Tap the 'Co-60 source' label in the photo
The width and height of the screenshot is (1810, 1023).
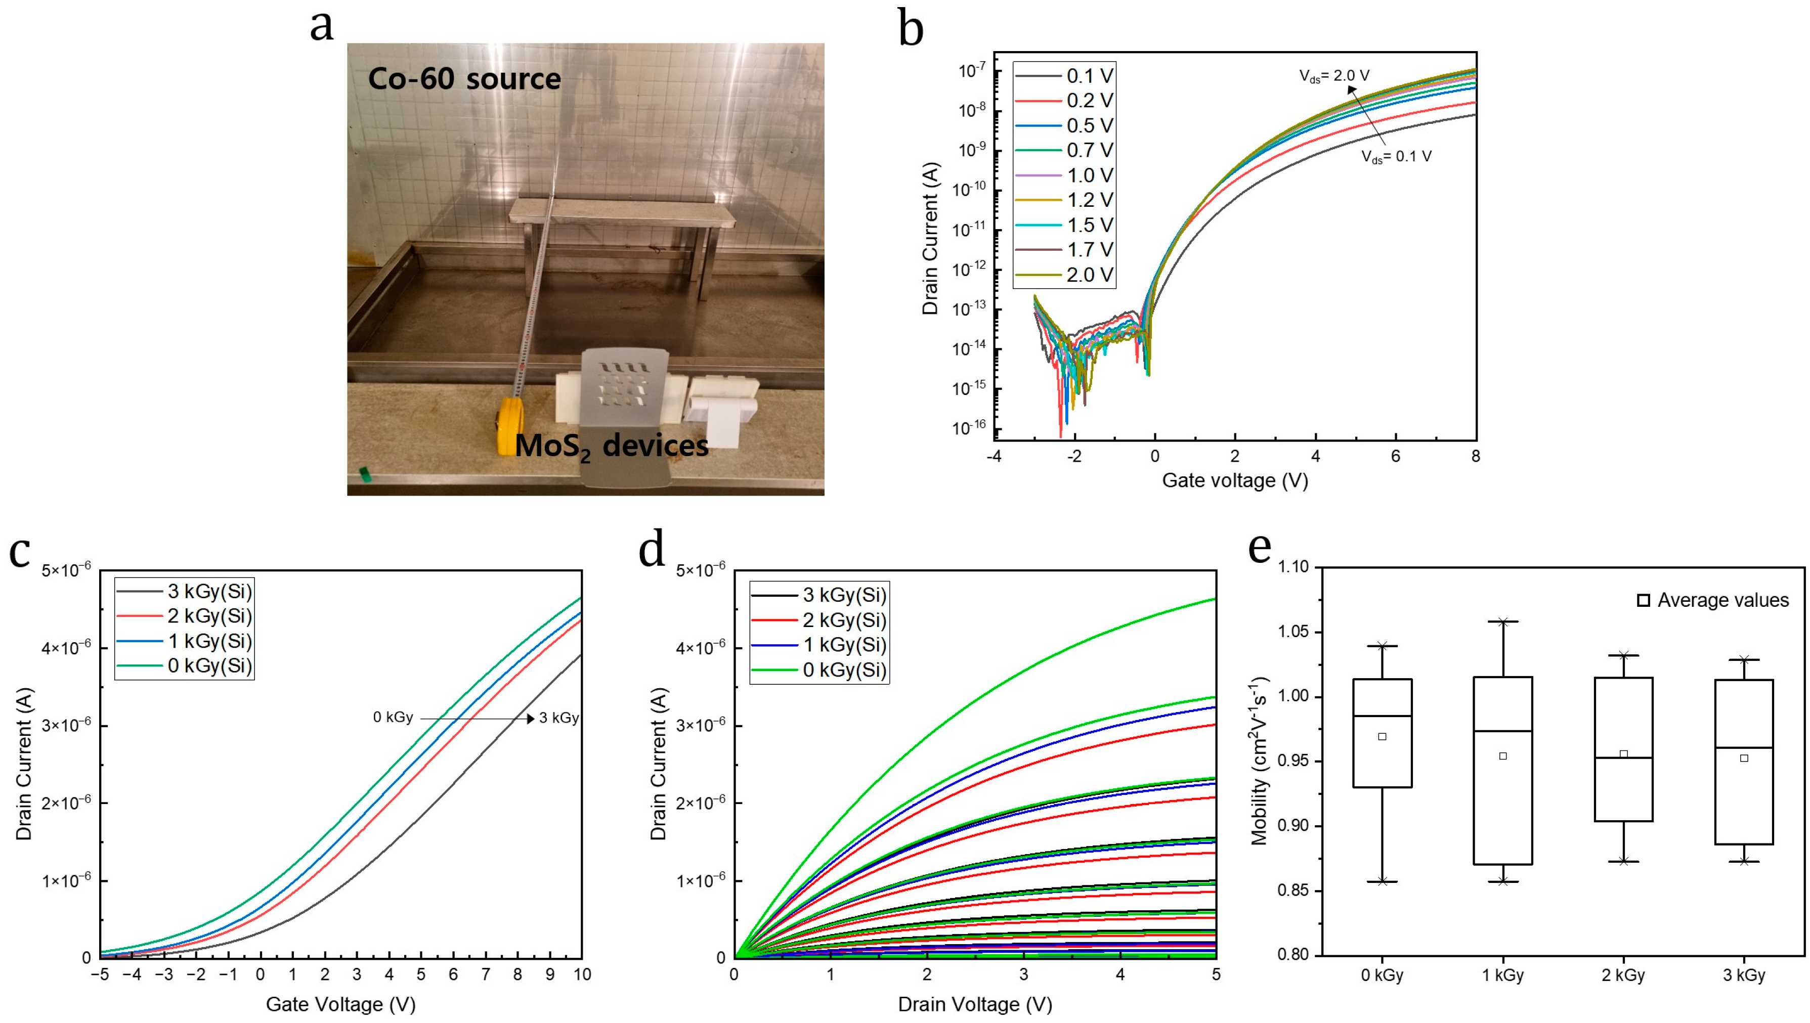coord(464,79)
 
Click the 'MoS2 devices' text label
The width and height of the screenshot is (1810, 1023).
coord(611,447)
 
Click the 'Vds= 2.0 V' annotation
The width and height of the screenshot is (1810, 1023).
coord(1333,76)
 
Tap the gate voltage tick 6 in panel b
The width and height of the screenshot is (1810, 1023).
coord(1396,456)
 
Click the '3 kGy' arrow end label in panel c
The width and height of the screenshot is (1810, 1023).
coord(558,718)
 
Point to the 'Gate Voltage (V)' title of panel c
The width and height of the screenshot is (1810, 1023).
coord(341,1004)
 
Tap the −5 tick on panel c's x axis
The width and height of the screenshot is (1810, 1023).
coord(101,974)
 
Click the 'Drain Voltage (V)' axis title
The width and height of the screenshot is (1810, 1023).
coord(975,1004)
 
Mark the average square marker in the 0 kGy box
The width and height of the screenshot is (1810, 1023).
coord(1382,736)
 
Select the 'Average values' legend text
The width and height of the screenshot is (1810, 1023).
coord(1723,600)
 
